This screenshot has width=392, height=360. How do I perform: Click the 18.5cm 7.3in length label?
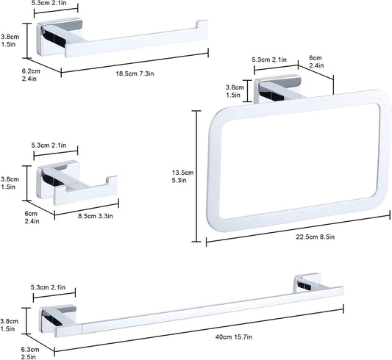point(135,73)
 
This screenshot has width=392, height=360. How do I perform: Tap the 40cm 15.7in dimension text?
point(234,337)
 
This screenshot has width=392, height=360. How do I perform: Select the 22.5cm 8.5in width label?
point(316,237)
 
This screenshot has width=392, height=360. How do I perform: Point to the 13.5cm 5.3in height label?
point(182,176)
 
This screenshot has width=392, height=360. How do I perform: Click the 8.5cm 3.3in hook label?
point(96,216)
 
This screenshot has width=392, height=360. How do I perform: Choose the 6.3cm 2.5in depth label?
point(30,353)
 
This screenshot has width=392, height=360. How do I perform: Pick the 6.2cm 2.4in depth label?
point(31,75)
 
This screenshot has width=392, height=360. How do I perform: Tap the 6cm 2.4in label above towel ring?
point(316,62)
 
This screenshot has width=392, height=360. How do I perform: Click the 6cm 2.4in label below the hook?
point(32,217)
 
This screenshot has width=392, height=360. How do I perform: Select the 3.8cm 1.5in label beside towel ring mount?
point(235,91)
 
